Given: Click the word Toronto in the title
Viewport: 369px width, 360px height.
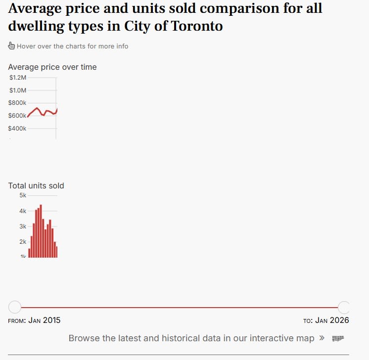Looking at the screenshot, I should [x=196, y=26].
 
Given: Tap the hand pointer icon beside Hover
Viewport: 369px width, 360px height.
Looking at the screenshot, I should [x=11, y=46].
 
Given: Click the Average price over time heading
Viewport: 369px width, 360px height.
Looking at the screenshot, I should [x=52, y=67].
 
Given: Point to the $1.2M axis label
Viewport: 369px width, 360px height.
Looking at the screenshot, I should [x=18, y=78].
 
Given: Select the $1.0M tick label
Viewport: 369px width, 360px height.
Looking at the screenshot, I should [x=18, y=90].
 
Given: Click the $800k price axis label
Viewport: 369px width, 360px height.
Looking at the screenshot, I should [x=17, y=103].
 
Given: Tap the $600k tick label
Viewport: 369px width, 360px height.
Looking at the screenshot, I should [x=17, y=116].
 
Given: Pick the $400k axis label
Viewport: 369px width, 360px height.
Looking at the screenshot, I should [x=17, y=129].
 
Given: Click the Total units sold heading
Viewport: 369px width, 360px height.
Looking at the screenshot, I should [x=36, y=186].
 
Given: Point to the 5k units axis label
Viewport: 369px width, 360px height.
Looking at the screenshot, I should [x=23, y=195].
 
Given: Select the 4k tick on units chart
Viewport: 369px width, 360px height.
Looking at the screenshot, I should [x=23, y=211].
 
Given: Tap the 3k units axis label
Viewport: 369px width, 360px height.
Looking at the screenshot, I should [x=23, y=226].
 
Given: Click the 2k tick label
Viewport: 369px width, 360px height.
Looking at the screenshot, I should [x=23, y=242].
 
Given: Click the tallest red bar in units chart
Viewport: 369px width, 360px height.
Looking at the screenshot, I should [x=41, y=231].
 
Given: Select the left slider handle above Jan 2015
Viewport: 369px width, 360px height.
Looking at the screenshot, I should [x=15, y=307].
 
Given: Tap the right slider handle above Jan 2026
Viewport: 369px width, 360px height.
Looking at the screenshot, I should [x=344, y=307].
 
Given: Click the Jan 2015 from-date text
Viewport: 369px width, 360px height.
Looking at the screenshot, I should [x=45, y=320].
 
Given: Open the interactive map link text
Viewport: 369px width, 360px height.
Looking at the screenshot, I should [x=191, y=338].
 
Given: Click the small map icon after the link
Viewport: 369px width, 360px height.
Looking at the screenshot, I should [x=338, y=338].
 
